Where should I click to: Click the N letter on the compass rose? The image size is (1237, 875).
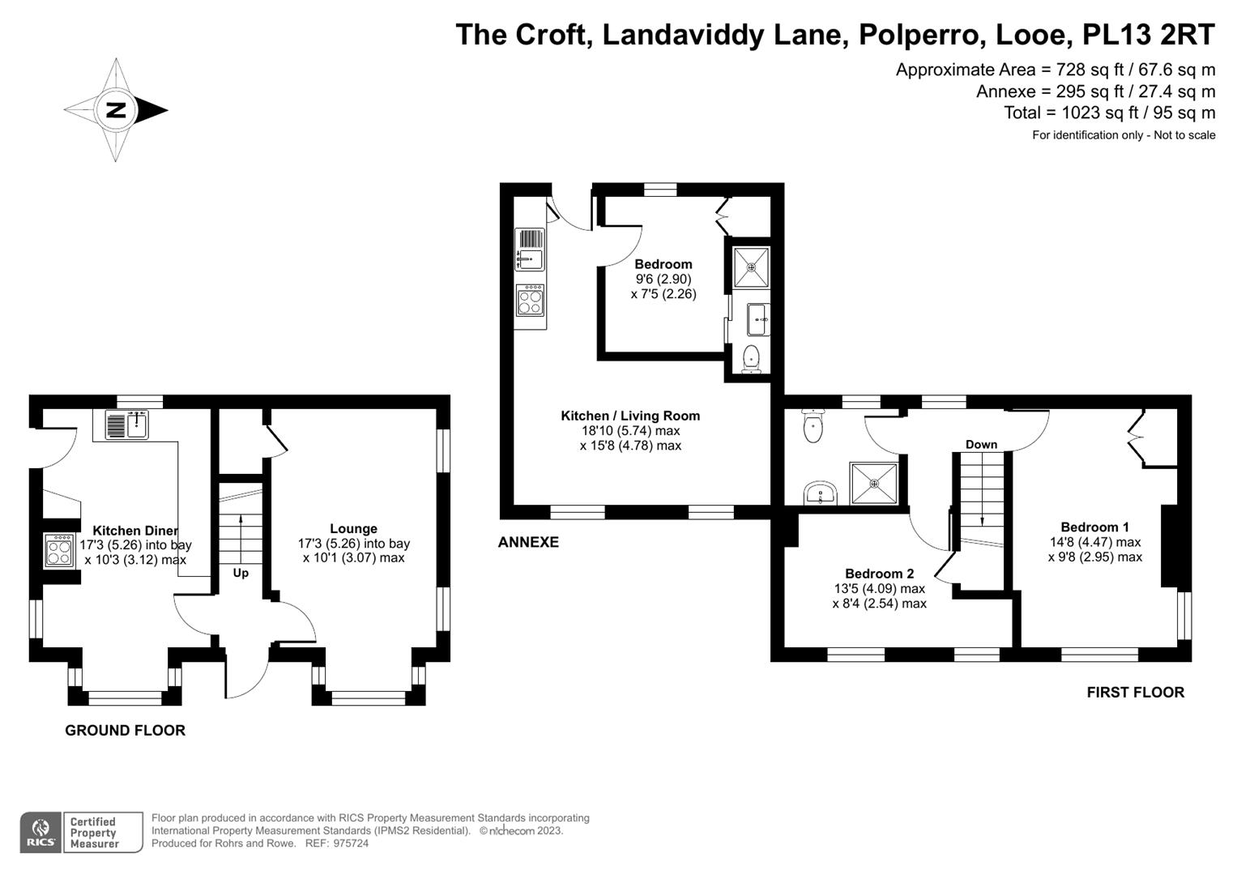(116, 110)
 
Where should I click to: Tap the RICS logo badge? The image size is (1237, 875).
(41, 832)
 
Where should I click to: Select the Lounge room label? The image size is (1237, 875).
(353, 528)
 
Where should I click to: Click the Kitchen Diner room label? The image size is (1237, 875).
(135, 531)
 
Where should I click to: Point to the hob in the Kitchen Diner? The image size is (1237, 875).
(59, 551)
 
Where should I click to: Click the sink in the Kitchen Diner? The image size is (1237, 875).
(126, 425)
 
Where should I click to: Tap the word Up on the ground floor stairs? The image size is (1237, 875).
(241, 573)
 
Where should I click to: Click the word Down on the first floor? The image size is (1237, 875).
(981, 444)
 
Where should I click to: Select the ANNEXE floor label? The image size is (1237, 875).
(528, 542)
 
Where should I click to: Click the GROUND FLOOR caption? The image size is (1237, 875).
(126, 730)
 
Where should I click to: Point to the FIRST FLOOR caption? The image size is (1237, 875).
(1136, 692)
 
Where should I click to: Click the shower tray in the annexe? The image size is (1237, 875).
(750, 267)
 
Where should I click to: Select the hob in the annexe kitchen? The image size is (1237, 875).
(530, 301)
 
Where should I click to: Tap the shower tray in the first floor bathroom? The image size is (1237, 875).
(874, 484)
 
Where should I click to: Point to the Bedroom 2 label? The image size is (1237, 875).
(879, 574)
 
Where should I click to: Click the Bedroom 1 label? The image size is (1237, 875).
(1095, 527)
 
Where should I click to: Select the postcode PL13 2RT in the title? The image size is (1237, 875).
(1149, 34)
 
